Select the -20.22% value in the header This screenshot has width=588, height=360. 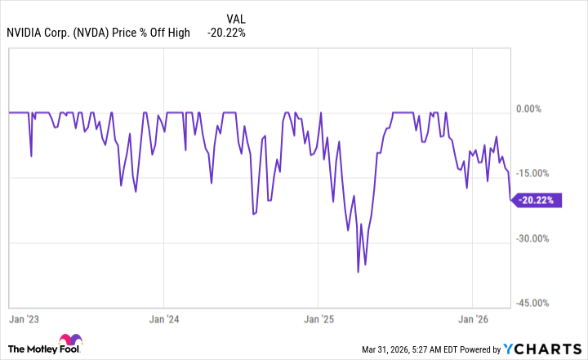pyautogui.click(x=226, y=33)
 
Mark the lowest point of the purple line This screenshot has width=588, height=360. pyautogui.click(x=358, y=272)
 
